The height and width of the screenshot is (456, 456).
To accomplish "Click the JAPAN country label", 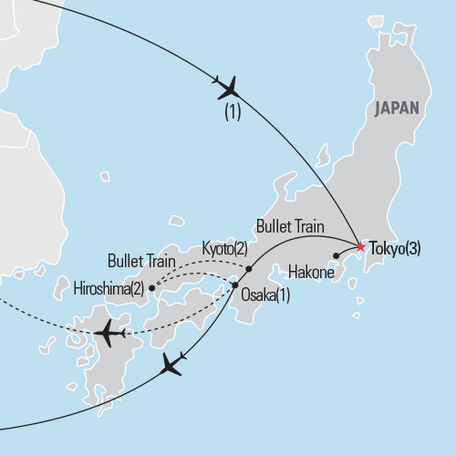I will (395, 108).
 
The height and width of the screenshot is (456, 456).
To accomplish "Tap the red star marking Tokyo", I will (360, 246).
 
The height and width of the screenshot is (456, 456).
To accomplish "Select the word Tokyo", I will (386, 248).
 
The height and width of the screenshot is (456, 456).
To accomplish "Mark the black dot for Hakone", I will (337, 255).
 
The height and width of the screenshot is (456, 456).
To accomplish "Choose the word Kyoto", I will (216, 248).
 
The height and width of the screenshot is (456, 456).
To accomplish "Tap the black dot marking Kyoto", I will (249, 268).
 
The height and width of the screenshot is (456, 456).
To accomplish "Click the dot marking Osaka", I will (235, 286).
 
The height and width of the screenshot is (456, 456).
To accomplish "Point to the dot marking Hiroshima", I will (151, 288).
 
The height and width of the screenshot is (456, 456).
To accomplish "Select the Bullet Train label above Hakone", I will (291, 224).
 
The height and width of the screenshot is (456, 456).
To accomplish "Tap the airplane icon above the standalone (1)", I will (228, 88).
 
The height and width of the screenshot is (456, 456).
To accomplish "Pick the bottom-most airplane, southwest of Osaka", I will (172, 365).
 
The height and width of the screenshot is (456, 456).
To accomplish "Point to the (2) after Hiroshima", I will (138, 289).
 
